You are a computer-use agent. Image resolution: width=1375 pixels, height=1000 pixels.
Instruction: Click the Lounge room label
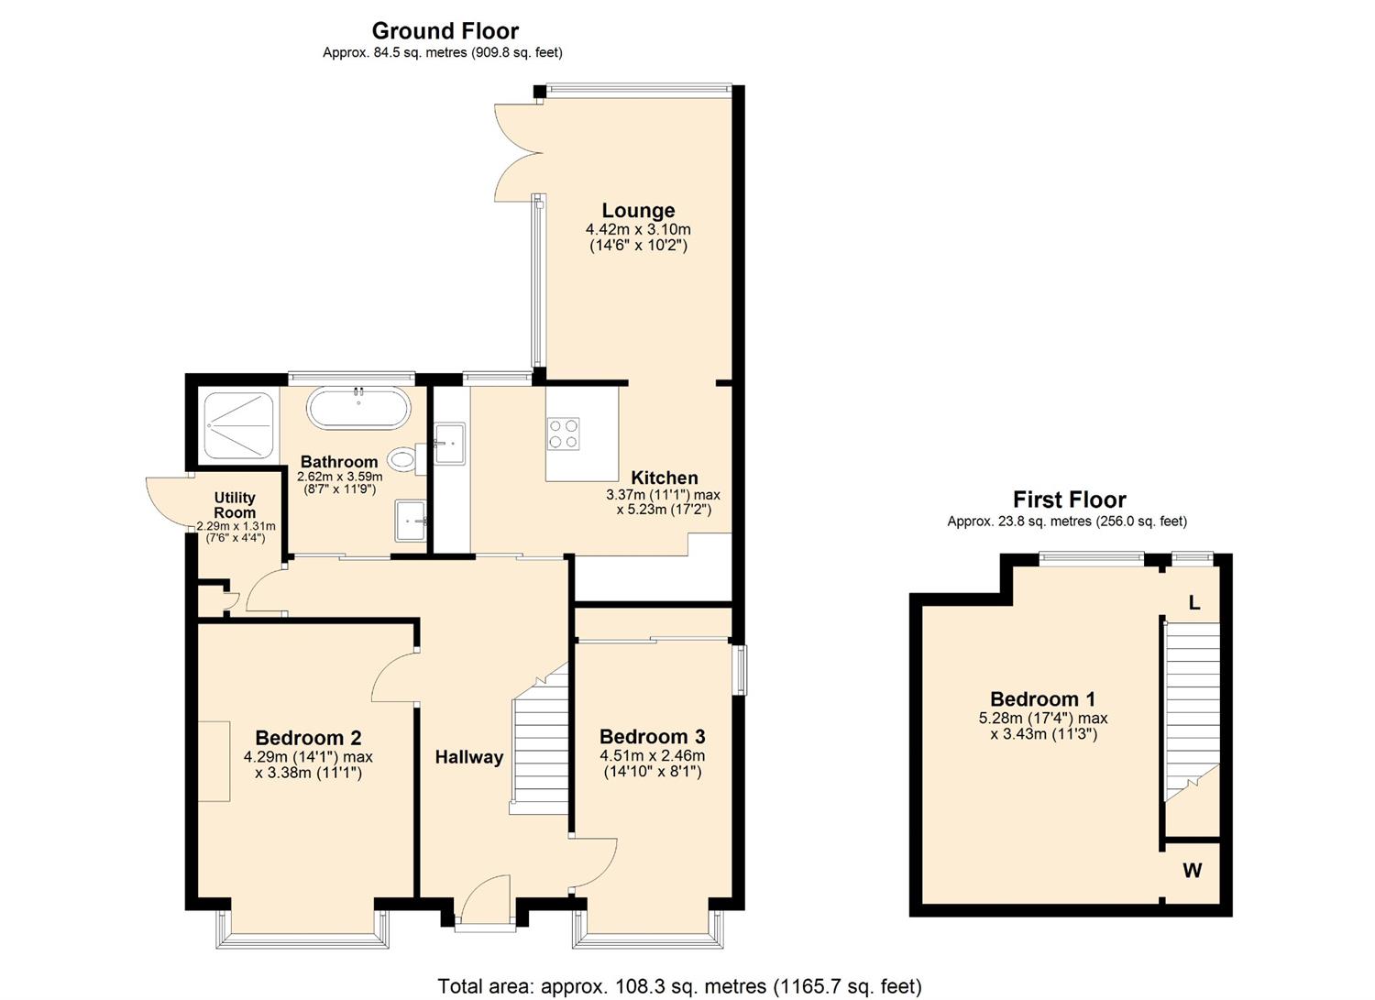point(638,211)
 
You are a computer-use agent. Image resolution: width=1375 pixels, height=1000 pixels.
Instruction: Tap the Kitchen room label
point(665,478)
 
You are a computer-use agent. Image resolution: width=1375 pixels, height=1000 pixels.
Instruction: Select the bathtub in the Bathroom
point(357,408)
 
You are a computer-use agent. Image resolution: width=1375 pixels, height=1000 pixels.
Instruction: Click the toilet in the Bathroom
point(403,457)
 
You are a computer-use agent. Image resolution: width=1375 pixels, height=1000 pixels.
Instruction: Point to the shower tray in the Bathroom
point(238,425)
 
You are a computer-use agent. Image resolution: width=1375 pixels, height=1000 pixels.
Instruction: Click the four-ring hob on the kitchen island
point(564,434)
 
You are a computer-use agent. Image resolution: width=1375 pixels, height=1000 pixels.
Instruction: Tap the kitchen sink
point(450,444)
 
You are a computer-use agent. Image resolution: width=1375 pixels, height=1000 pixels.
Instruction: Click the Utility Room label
point(235,505)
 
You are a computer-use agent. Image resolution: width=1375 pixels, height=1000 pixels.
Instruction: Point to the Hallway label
point(468,757)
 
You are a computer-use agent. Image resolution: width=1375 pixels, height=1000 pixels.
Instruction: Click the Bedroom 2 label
point(308,738)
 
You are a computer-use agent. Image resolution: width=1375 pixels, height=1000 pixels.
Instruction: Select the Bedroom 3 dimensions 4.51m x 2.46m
point(652,755)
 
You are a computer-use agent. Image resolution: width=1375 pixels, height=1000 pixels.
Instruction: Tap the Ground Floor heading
point(445,31)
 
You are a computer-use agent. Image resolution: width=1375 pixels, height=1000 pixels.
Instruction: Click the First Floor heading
point(1069,500)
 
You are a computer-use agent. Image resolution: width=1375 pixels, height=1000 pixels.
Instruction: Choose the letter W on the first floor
point(1192,871)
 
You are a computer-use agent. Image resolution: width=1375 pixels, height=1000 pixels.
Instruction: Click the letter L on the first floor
point(1193,603)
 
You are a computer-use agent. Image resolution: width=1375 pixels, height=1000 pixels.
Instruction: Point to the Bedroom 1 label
point(1042,699)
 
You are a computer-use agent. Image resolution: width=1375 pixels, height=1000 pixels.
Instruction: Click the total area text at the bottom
point(679,986)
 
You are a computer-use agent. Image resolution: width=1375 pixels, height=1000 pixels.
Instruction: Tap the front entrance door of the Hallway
point(484,903)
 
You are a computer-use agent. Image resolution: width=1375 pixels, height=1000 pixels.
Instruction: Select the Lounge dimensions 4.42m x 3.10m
point(638,229)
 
